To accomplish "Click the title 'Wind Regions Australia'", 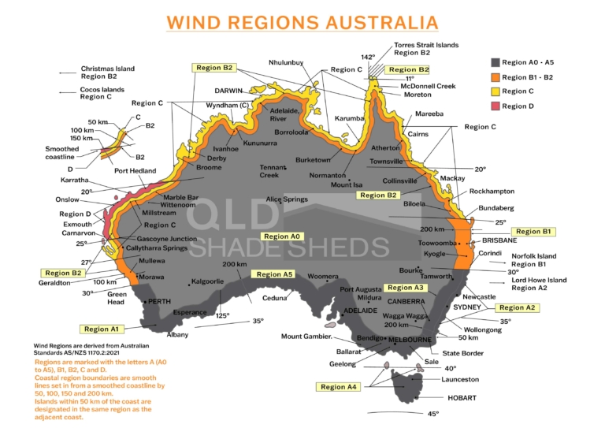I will point(302,22).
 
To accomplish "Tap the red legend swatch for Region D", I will point(495,106).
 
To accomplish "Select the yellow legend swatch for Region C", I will point(495,91).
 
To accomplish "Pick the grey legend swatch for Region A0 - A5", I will point(495,62).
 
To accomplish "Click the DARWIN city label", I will point(228,91).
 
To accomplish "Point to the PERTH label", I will point(159,301).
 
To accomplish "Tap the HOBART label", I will point(462,398).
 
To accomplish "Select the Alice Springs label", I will point(287,199).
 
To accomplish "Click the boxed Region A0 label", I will point(281,236).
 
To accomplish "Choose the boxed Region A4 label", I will point(340,387).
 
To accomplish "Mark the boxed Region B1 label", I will point(535,232).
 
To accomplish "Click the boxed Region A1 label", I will point(102,329).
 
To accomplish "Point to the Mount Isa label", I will point(347,184).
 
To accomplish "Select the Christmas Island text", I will point(107,69).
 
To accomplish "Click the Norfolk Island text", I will point(533,256).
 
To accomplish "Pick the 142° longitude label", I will point(368,57).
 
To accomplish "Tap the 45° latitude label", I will point(432,414).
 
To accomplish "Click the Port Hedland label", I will point(135,170).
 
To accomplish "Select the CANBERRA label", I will point(406,300).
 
